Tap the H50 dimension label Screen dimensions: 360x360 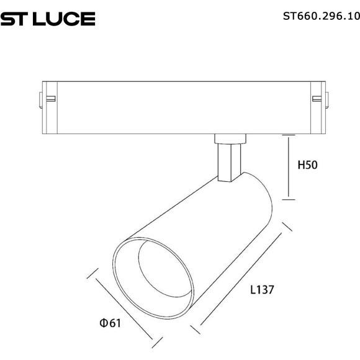point(308,165)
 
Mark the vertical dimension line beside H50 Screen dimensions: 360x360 point(289,166)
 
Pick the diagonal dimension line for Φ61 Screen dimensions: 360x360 point(124,307)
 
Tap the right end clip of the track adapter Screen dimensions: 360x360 point(320,97)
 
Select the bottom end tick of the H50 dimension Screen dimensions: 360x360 point(289,199)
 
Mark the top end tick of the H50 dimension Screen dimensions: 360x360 point(289,133)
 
